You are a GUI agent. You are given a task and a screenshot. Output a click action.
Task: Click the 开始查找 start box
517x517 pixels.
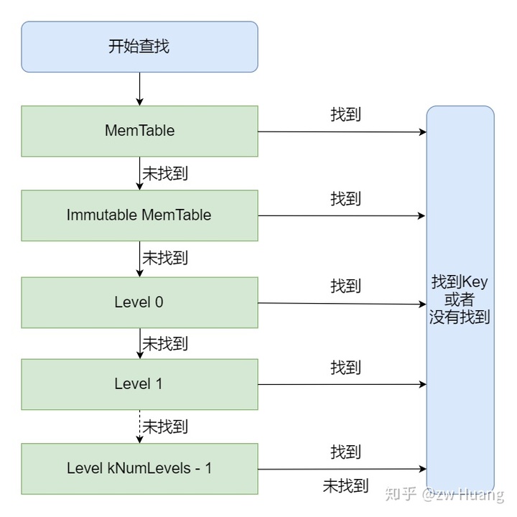pos(139,47)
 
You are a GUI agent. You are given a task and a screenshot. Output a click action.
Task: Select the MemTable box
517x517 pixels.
pos(139,131)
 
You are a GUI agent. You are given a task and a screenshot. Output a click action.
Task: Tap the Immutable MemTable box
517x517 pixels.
pos(139,215)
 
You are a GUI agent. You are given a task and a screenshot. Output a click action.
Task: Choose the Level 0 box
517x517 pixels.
pos(139,302)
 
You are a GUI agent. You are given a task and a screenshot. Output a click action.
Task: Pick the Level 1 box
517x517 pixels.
pos(139,384)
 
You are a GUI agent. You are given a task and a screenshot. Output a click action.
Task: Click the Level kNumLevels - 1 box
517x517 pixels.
pos(139,469)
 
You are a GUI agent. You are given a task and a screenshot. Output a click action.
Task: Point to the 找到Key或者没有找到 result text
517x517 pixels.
pos(460,298)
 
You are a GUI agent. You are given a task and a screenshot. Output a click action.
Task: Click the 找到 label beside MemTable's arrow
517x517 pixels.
pos(345,115)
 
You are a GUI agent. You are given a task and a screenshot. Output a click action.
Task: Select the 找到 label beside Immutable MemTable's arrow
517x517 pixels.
pos(345,199)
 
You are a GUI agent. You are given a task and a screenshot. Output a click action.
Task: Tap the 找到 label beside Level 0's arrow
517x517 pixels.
pos(345,286)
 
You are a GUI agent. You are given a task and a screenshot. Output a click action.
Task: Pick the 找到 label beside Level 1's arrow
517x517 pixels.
pos(345,368)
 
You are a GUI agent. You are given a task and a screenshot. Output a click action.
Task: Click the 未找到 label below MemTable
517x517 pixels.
pos(165,173)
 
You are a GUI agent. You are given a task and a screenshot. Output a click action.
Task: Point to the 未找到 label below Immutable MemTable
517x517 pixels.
pos(165,258)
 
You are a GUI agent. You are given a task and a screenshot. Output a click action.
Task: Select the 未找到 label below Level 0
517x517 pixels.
pos(165,343)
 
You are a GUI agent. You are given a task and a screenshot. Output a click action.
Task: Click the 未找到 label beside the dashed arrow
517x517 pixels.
pos(165,427)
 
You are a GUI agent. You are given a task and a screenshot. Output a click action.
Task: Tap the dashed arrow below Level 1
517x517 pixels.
pos(139,427)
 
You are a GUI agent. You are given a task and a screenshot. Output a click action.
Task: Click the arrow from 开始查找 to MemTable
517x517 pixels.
pos(139,89)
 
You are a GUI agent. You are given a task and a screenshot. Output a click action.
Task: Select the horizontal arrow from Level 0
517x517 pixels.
pos(342,303)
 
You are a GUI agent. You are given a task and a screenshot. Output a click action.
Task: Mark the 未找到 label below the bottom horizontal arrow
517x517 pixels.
pos(345,486)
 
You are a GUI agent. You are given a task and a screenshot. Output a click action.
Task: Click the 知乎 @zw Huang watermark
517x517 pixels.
pos(444,495)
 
